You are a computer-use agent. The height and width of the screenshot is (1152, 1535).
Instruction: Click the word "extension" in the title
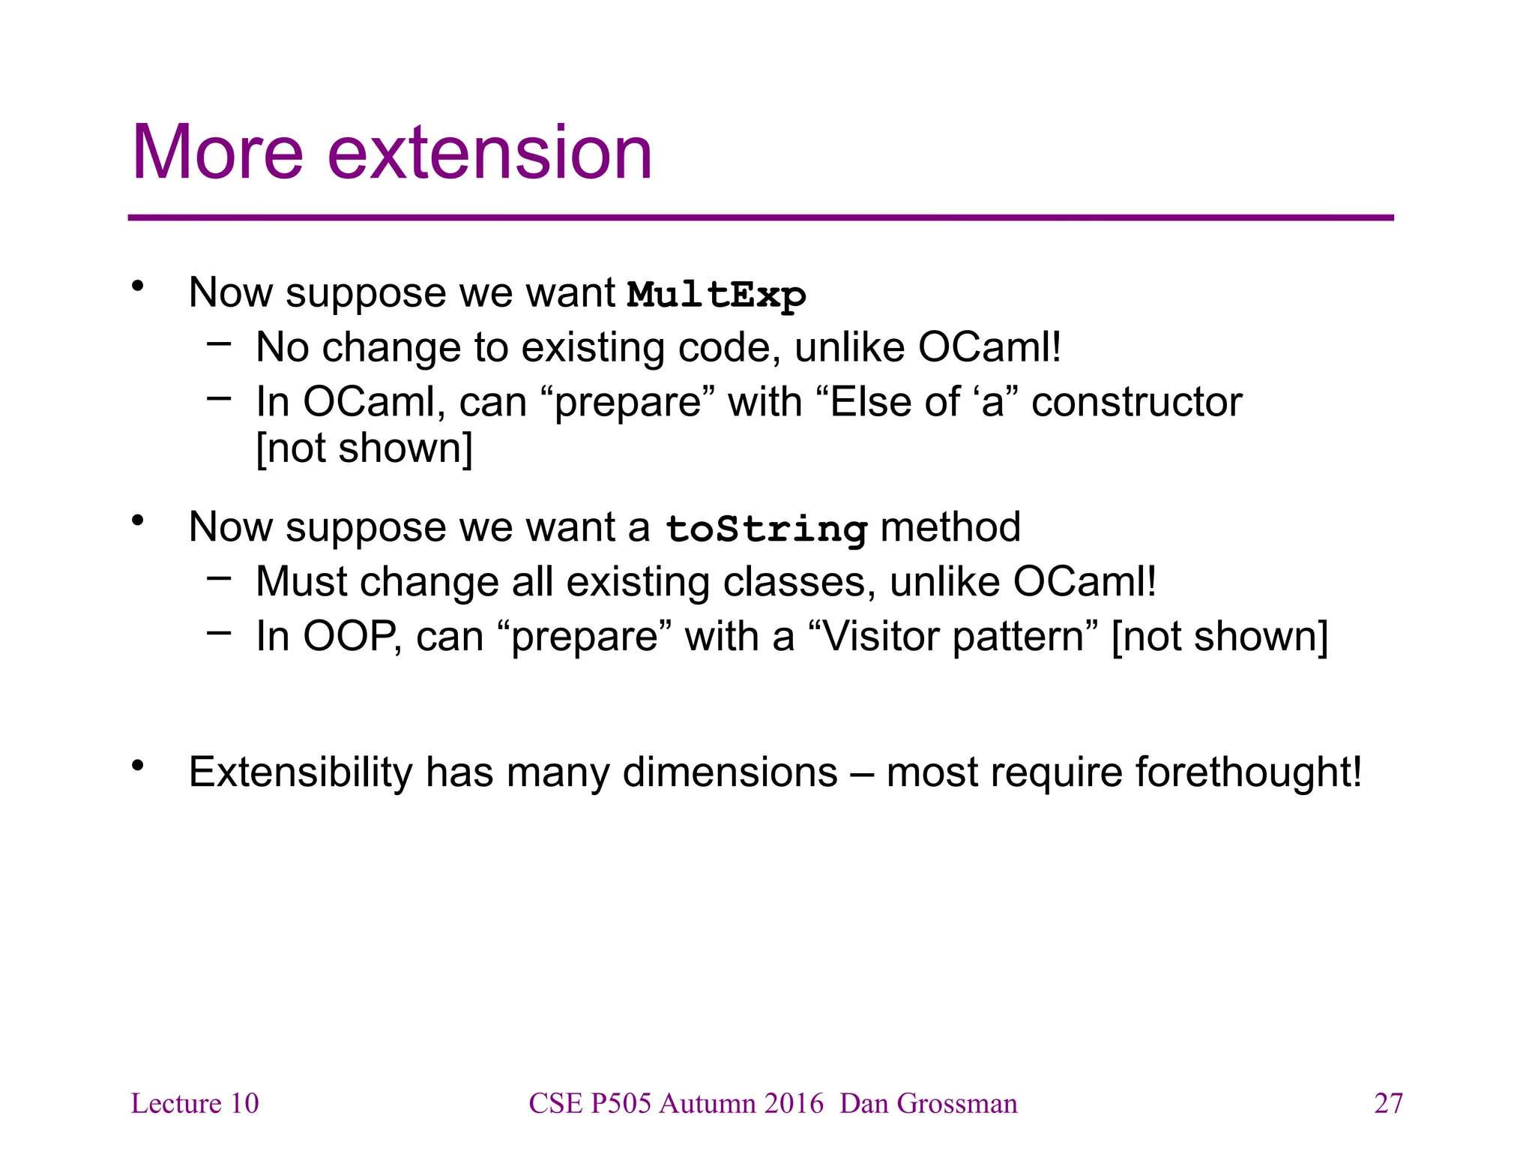[490, 153]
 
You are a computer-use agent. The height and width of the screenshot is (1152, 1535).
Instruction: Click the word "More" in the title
[217, 153]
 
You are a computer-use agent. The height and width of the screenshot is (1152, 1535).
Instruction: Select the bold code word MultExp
[716, 295]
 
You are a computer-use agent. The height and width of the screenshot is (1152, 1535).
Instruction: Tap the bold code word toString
[766, 529]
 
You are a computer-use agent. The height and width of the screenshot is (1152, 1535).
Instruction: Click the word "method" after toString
[950, 526]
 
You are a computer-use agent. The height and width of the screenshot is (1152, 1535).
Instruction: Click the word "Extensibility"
[301, 772]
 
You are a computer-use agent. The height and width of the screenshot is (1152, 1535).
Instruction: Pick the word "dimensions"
[730, 772]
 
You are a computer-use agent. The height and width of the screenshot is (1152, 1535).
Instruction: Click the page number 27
[1388, 1103]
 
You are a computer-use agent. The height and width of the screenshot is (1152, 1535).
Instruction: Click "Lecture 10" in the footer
[195, 1103]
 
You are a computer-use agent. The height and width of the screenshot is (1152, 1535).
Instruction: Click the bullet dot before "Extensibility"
[137, 765]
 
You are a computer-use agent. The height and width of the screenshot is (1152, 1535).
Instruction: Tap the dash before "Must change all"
[219, 578]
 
